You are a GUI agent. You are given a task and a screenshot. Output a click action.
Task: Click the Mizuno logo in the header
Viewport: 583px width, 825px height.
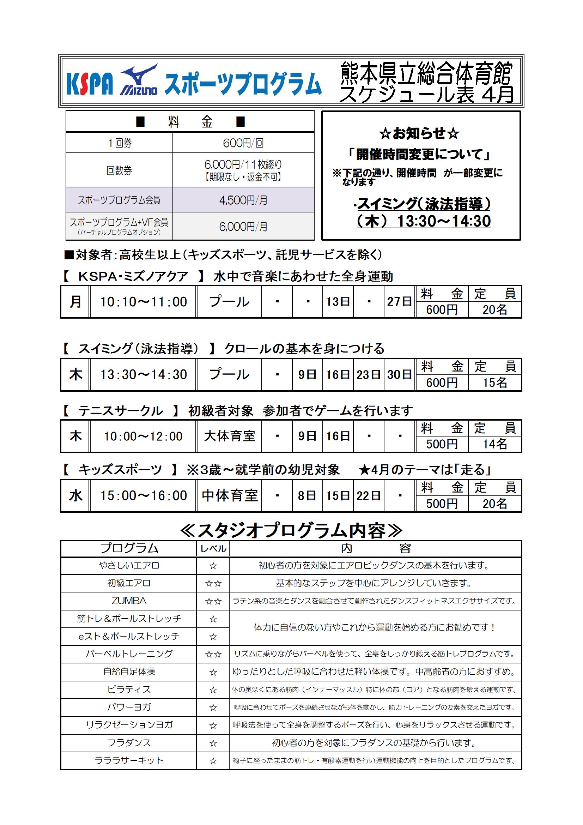139,80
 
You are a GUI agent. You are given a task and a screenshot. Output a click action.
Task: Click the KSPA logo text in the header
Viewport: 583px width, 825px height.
90,83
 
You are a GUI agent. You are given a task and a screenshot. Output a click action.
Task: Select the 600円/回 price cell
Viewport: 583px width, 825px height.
243,143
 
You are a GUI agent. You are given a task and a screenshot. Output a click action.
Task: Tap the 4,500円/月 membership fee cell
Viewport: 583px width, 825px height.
243,200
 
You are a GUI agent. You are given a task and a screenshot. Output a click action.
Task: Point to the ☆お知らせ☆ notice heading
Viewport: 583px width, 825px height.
419,134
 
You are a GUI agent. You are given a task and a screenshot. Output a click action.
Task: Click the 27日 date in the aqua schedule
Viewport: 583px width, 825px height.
399,301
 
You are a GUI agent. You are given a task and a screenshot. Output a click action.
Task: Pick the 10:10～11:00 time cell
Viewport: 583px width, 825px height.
143,302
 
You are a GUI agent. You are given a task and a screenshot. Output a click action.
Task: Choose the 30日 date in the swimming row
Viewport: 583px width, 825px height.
399,375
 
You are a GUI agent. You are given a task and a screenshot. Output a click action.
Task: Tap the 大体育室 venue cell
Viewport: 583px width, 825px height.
229,436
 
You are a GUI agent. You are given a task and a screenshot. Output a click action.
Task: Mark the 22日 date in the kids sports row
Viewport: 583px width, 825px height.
369,496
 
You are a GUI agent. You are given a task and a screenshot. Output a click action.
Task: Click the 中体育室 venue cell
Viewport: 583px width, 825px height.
229,496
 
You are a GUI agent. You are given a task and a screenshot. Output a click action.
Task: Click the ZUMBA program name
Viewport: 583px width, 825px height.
129,601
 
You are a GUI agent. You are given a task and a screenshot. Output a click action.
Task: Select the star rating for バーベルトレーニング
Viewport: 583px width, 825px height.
213,654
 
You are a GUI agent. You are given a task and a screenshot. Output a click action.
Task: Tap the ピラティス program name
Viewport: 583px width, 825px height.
129,689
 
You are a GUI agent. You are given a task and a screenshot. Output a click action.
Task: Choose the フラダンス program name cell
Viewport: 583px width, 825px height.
129,743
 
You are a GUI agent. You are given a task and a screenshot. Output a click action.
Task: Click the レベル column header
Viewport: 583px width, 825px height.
213,549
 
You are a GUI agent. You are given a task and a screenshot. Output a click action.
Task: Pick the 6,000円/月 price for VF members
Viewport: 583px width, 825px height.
243,227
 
